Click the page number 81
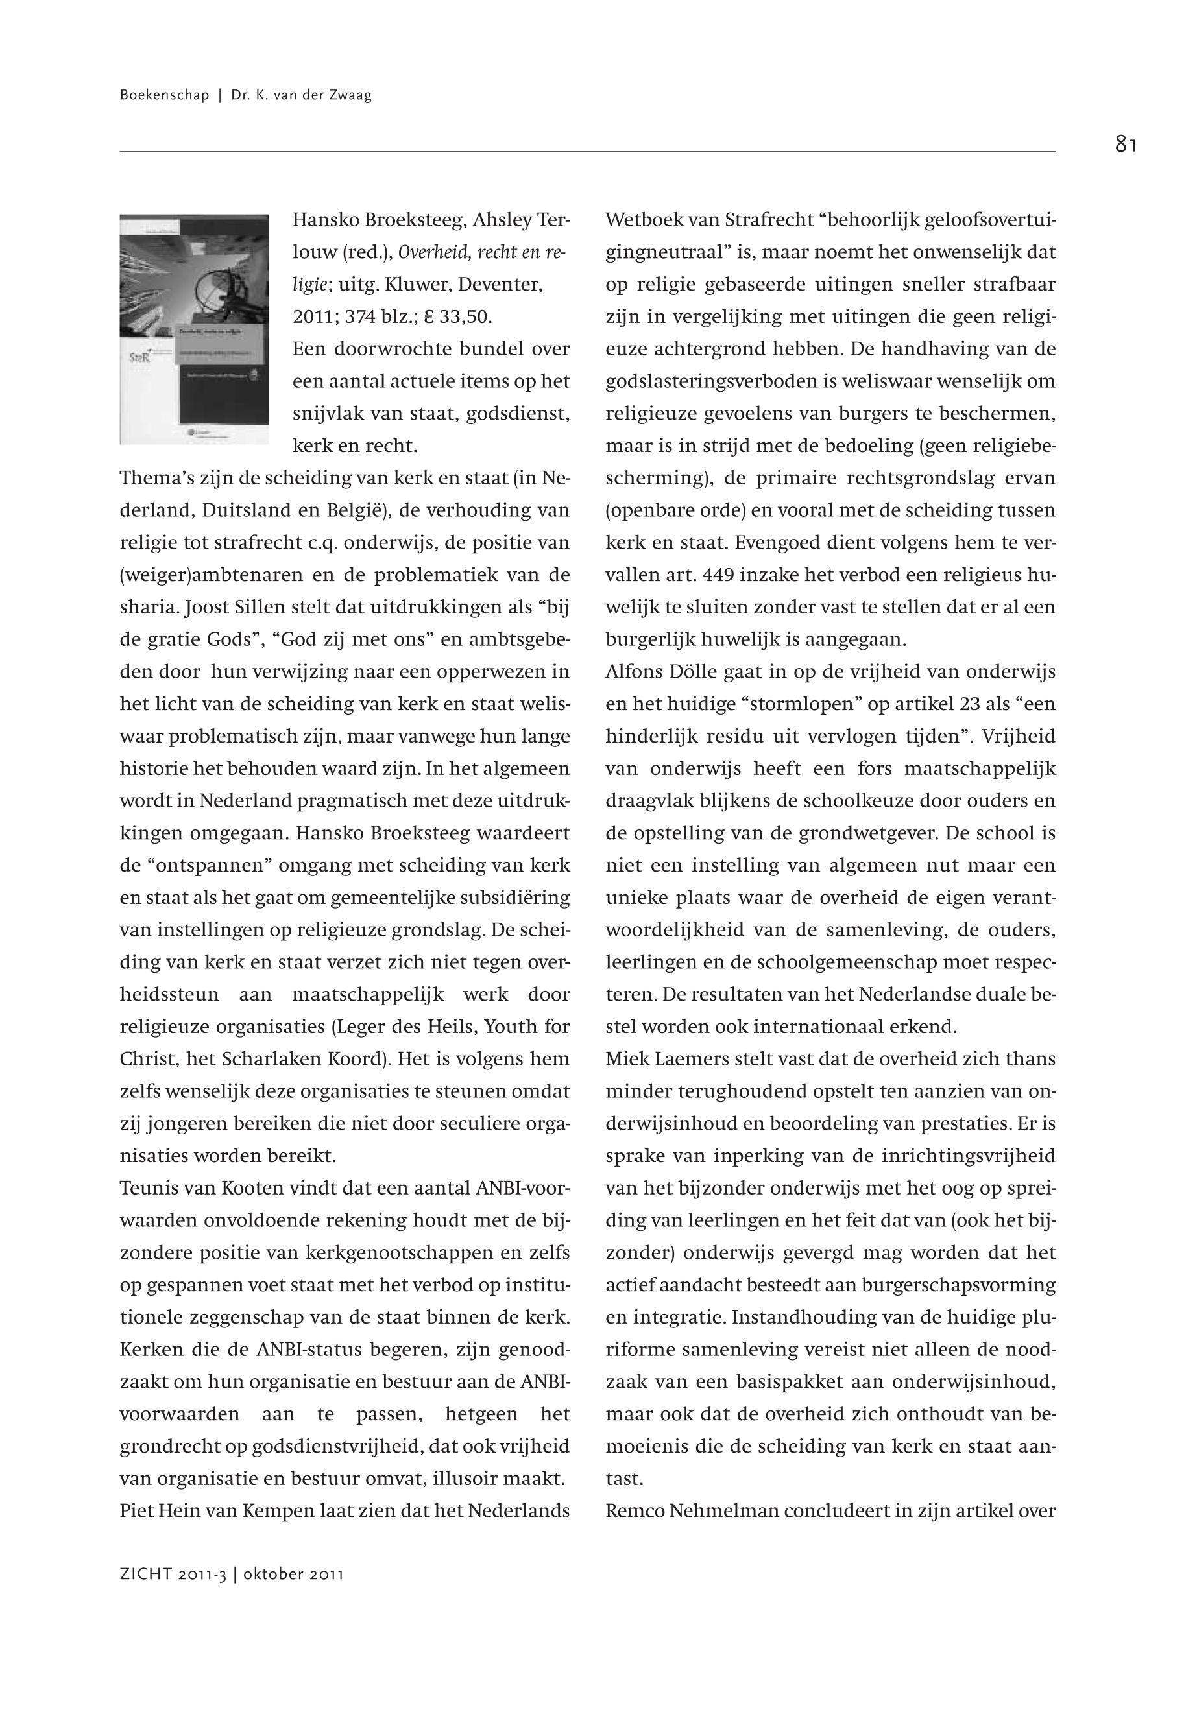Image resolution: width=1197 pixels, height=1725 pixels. [1125, 144]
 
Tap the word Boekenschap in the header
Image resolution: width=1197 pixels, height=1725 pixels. [164, 95]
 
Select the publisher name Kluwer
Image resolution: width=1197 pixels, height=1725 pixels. [405, 285]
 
